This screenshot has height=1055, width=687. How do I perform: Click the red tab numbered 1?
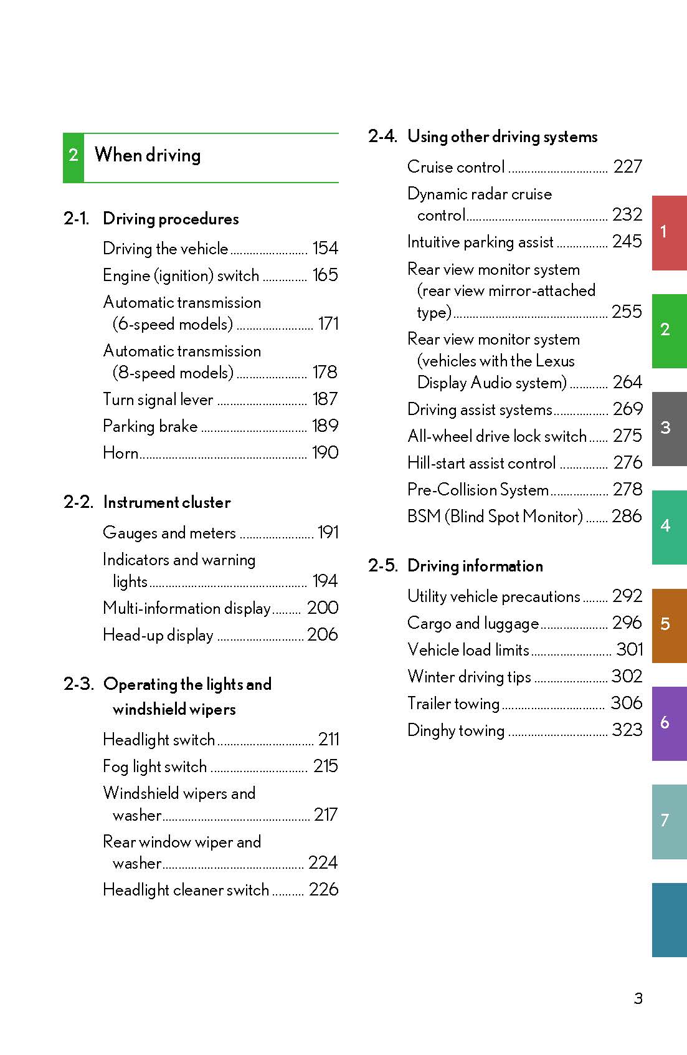pyautogui.click(x=668, y=232)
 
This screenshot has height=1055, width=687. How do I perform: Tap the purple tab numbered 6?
pyautogui.click(x=668, y=723)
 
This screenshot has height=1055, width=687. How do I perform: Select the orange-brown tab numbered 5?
pyautogui.click(x=668, y=624)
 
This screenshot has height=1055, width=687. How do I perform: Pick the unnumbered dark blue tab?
pyautogui.click(x=668, y=919)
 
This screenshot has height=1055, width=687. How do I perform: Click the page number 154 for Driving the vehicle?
pyautogui.click(x=325, y=249)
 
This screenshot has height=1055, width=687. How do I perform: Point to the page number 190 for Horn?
pyautogui.click(x=325, y=453)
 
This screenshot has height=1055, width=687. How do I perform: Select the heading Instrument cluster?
pyautogui.click(x=167, y=502)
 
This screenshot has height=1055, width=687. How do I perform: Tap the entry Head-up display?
pyautogui.click(x=158, y=635)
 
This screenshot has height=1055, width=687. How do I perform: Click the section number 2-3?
pyautogui.click(x=78, y=684)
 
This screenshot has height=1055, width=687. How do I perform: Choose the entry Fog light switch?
pyautogui.click(x=154, y=766)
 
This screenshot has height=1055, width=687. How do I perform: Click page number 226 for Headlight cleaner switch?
pyautogui.click(x=323, y=890)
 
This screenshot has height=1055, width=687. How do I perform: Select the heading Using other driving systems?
pyautogui.click(x=502, y=136)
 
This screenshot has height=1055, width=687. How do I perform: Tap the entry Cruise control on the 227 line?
pyautogui.click(x=456, y=167)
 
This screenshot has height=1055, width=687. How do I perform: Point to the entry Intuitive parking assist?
pyautogui.click(x=480, y=242)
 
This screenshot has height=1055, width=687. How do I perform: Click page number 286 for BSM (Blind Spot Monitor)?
pyautogui.click(x=627, y=517)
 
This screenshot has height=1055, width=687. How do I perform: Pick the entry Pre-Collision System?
pyautogui.click(x=478, y=490)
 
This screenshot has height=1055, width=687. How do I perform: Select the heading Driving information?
pyautogui.click(x=475, y=566)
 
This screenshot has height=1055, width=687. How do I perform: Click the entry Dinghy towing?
pyautogui.click(x=456, y=730)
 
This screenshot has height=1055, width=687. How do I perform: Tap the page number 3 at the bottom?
pyautogui.click(x=638, y=998)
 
